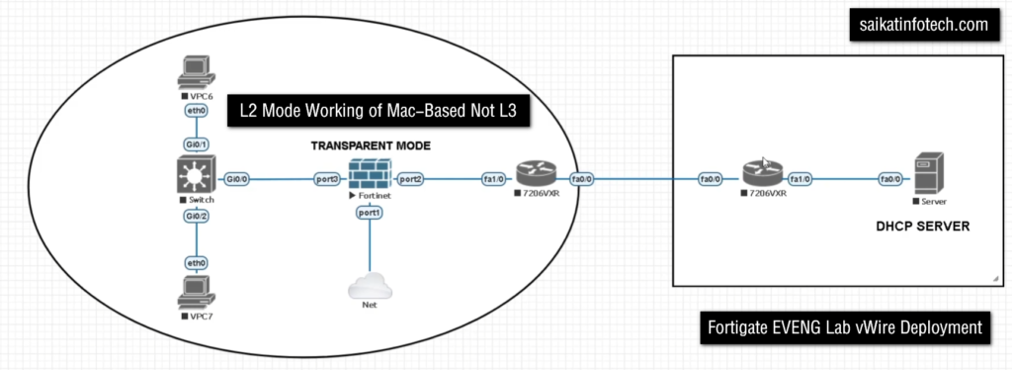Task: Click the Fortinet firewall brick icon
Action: click(x=370, y=174)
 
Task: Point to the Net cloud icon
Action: click(x=370, y=285)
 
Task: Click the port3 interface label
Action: click(x=326, y=179)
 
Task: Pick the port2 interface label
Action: click(x=410, y=179)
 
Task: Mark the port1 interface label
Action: click(x=370, y=213)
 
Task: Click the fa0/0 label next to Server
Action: click(x=890, y=179)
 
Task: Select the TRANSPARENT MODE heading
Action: click(x=371, y=146)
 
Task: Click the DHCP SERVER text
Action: click(x=923, y=228)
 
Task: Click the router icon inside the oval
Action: click(x=536, y=174)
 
